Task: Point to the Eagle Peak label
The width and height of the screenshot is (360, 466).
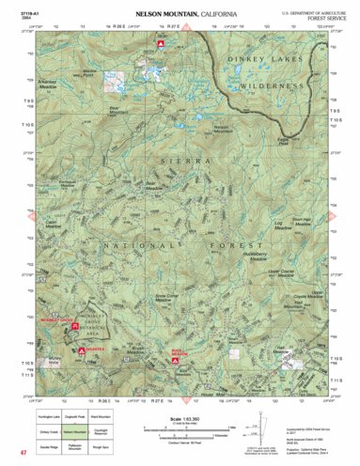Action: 283,140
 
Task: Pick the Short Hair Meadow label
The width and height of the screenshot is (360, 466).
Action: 300,221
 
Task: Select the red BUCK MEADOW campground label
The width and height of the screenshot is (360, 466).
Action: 176,352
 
